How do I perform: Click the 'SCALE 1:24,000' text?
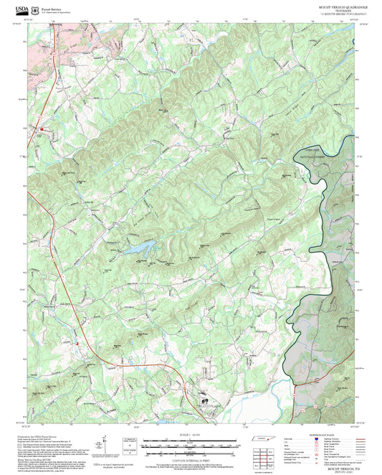190,433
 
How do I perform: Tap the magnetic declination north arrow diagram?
105,446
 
